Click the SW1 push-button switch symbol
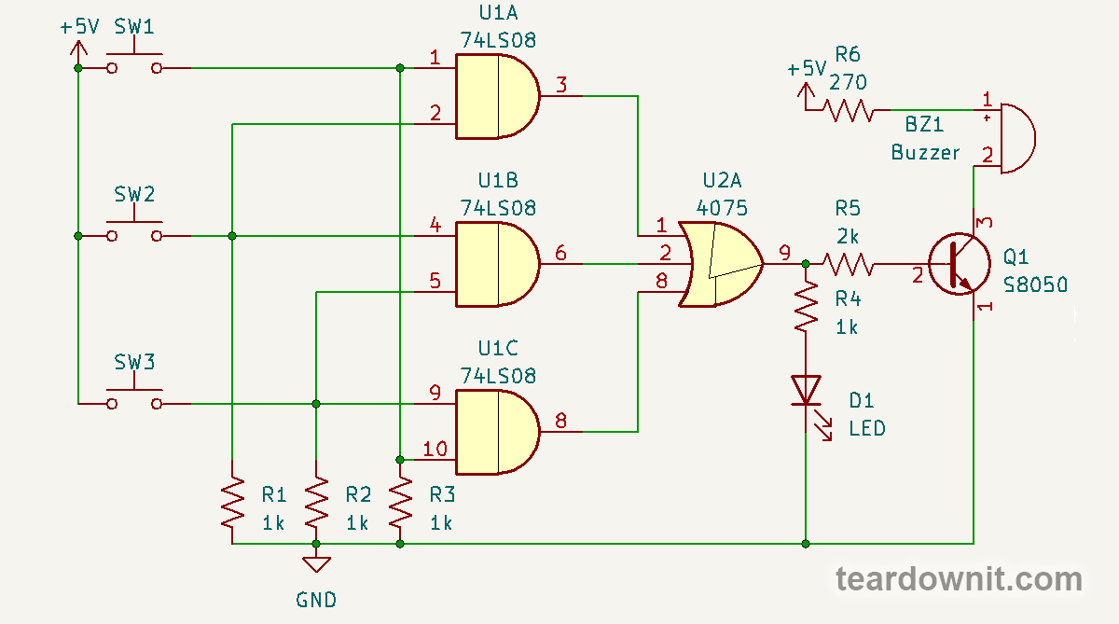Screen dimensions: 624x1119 click(x=133, y=63)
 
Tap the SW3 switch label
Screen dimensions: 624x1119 click(x=134, y=361)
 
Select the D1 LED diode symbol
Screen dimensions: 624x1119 click(x=806, y=391)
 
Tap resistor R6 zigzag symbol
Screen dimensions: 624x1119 click(x=849, y=112)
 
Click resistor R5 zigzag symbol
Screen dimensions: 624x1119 click(x=848, y=265)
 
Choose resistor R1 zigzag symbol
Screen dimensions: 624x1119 click(x=232, y=504)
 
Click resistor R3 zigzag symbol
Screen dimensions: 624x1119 click(x=400, y=504)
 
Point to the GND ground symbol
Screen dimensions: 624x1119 click(x=316, y=563)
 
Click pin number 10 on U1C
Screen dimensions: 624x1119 click(x=435, y=450)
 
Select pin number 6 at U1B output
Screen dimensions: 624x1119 click(x=559, y=253)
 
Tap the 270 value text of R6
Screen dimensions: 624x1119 click(x=848, y=82)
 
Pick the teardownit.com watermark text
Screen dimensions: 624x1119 click(x=959, y=579)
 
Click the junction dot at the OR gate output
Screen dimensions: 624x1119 click(x=806, y=265)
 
